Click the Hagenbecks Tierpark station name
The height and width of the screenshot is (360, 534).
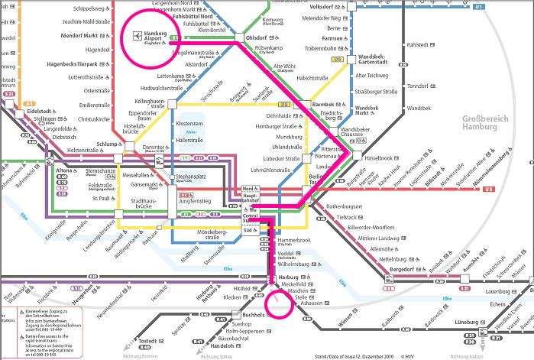point(79,65)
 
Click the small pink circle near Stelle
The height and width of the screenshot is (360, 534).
point(280,303)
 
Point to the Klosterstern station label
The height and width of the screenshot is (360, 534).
point(189,122)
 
